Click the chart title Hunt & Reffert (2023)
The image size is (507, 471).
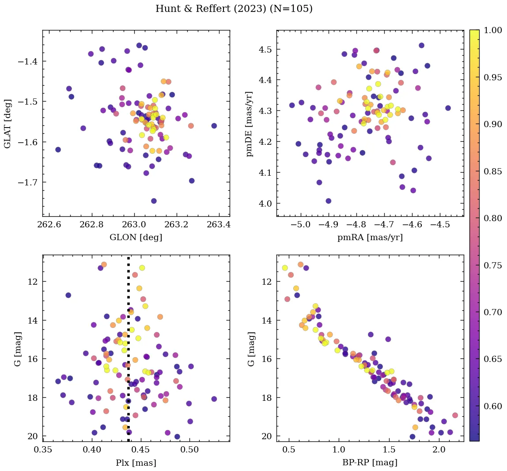[234, 9]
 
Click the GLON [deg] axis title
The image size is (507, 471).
[136, 237]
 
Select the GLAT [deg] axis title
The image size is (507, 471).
[8, 123]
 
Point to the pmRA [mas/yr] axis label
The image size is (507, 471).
[370, 237]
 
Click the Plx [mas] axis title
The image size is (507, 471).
[136, 463]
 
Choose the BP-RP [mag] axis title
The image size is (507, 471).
[370, 463]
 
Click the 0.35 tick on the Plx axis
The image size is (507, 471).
[43, 451]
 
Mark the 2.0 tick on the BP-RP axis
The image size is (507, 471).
[439, 451]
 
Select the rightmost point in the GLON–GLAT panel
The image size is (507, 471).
[214, 126]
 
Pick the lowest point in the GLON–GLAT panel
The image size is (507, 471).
[154, 201]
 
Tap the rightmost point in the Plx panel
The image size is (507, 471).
[214, 399]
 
